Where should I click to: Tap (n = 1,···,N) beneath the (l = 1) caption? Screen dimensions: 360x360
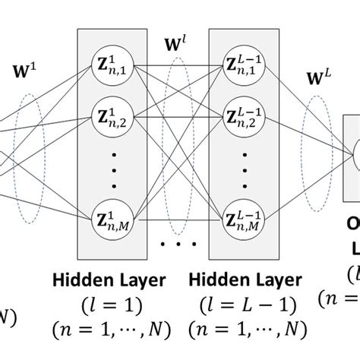click(x=110, y=329)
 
